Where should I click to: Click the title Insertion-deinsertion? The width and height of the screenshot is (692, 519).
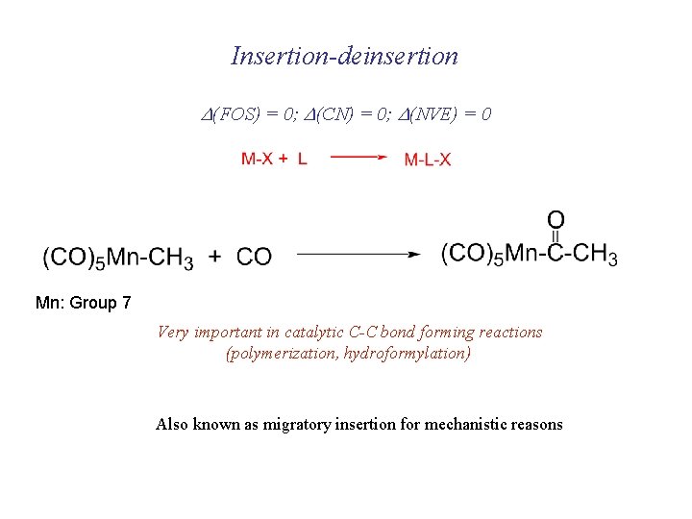pos(345,56)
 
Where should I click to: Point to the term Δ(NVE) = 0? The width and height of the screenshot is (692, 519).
pos(448,114)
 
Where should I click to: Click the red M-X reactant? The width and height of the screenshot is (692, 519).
pos(256,159)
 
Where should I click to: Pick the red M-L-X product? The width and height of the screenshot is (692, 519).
pos(428,160)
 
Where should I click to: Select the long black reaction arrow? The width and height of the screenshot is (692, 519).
pos(358,256)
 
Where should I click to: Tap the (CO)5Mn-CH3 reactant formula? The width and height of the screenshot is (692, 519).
pos(117,257)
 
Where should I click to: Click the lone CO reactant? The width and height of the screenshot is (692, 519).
pos(254,257)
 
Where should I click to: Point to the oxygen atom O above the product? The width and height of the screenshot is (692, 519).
pos(556,220)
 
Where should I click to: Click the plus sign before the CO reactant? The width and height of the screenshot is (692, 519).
pos(215,257)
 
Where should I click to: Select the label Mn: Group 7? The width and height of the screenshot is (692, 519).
pos(84,303)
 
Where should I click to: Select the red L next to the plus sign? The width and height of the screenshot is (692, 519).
pos(303,159)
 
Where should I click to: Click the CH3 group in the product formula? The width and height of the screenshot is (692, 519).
pos(596,255)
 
